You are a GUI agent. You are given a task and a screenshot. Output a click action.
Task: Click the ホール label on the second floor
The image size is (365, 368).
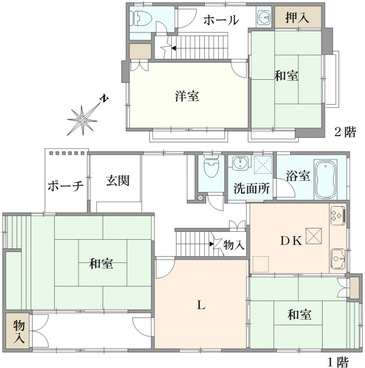[x=221, y=20]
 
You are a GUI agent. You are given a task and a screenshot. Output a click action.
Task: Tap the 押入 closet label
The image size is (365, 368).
[x=297, y=17]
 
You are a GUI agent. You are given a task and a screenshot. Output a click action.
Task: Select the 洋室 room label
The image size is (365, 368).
[x=187, y=96]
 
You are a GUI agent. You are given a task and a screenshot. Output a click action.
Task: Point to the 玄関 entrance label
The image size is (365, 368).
[x=118, y=180]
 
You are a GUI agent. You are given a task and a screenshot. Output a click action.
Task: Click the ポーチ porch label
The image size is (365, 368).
[x=66, y=186]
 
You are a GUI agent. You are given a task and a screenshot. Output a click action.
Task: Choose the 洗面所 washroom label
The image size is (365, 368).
[x=252, y=188]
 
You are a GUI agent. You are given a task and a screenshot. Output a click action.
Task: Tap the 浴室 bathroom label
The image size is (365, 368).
[x=298, y=175]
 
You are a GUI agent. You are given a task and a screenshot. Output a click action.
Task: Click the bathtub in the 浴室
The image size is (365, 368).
[x=326, y=179]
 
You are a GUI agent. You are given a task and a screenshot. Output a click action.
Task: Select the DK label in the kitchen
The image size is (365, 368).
[x=291, y=241]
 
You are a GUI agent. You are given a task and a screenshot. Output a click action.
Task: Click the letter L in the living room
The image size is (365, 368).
[x=201, y=305]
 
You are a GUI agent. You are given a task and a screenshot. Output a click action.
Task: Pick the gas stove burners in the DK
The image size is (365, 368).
[x=338, y=216]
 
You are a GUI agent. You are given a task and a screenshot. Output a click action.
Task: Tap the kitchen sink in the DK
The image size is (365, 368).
[x=338, y=259]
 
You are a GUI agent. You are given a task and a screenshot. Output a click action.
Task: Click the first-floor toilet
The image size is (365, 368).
[x=211, y=166]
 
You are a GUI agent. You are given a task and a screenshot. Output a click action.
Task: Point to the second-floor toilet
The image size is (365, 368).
[x=141, y=18]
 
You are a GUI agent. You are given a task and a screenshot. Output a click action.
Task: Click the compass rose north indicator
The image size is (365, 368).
[x=103, y=99]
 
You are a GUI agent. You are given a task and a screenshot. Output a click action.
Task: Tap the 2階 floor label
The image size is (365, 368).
[x=345, y=132]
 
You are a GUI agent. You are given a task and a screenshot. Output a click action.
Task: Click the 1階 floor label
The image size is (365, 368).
[x=339, y=362]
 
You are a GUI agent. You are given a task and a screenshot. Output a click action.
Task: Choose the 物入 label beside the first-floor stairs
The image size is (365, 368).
[x=234, y=245]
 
